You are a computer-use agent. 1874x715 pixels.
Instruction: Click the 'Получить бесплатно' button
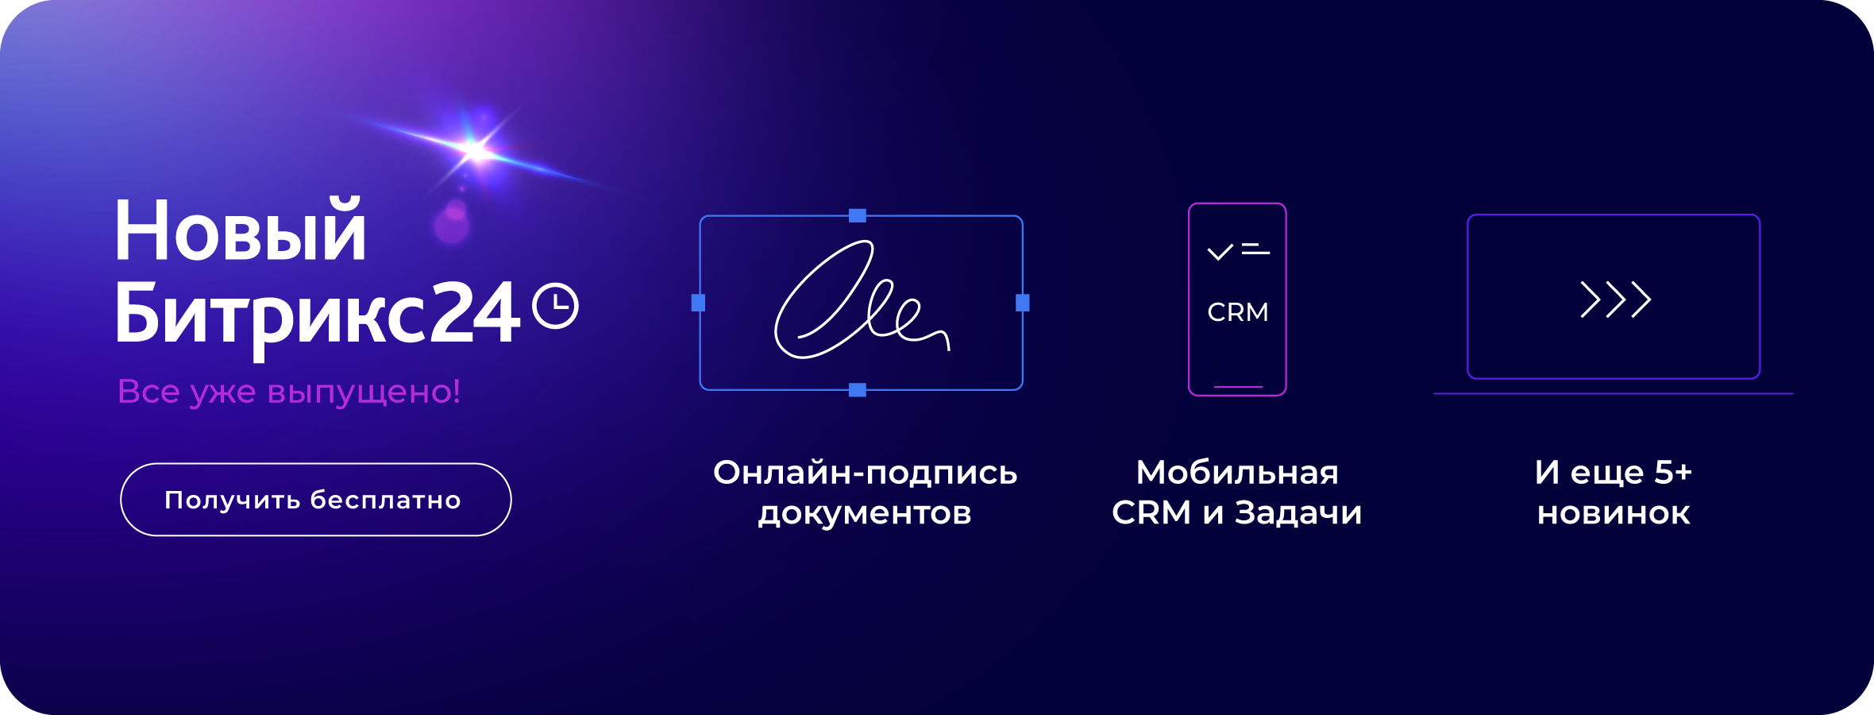[315, 500]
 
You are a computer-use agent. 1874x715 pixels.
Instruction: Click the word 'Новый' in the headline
[241, 230]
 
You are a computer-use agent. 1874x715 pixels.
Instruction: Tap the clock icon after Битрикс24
[555, 306]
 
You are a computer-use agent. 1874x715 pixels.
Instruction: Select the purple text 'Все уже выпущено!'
[289, 392]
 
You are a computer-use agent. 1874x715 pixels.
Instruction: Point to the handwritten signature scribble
[862, 300]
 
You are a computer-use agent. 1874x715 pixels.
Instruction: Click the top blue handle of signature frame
[858, 215]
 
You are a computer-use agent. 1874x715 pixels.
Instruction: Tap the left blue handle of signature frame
[699, 303]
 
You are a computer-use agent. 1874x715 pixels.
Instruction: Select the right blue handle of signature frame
[1023, 303]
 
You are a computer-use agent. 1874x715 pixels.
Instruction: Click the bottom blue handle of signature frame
[858, 390]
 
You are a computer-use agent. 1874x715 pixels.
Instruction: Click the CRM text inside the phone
[1238, 312]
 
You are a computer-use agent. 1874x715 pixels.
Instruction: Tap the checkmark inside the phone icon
[1220, 252]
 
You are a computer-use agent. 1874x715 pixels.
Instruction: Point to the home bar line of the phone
[1238, 387]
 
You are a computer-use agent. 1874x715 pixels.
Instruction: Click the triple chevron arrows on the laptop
[1616, 300]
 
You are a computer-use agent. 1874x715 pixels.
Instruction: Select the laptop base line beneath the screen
[1614, 393]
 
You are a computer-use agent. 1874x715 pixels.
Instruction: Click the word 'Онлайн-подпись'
[866, 473]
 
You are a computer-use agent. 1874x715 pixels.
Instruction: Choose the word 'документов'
[865, 514]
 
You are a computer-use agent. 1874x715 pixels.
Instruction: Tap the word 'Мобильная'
[1237, 473]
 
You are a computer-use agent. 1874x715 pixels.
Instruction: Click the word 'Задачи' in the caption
[1298, 513]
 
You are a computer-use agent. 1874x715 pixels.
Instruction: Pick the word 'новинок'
[1614, 514]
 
